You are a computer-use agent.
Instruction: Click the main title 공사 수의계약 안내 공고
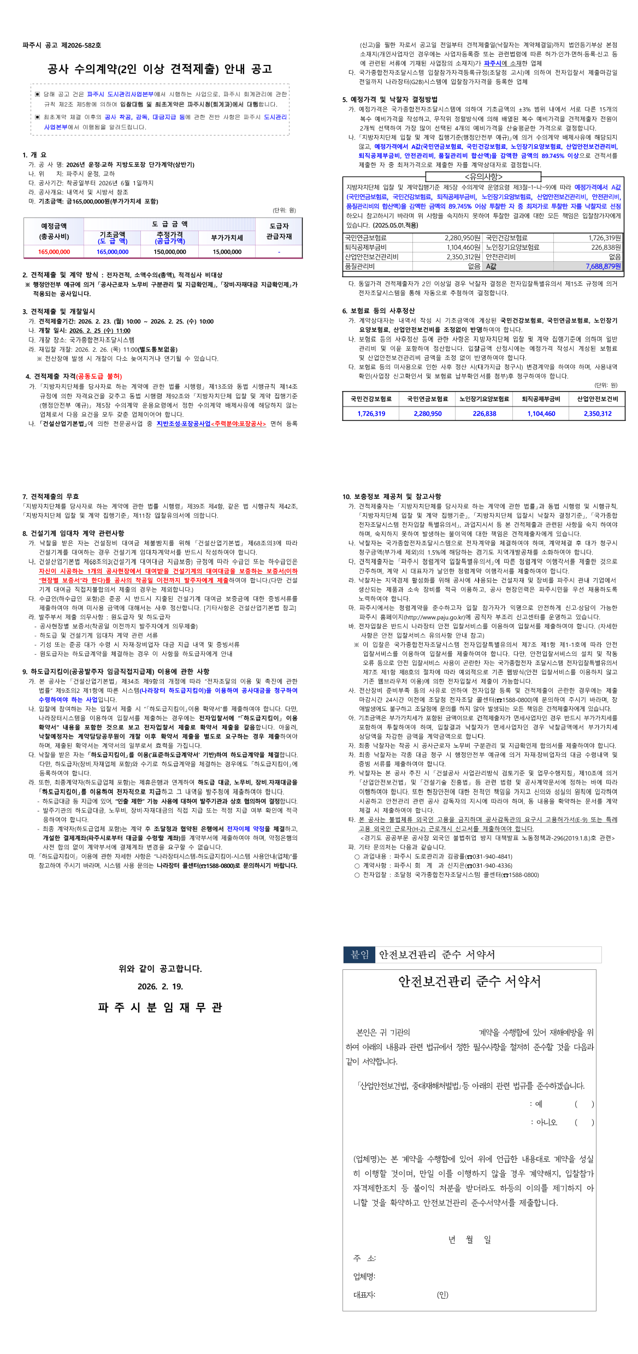click(159, 69)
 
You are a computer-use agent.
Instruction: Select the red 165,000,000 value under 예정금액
click(54, 252)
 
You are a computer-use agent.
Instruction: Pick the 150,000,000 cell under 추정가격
click(170, 252)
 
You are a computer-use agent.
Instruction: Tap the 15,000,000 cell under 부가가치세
click(227, 252)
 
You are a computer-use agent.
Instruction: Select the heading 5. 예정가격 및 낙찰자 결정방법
click(389, 99)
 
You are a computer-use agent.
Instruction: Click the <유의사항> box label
click(483, 176)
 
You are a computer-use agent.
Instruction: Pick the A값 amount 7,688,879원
click(603, 266)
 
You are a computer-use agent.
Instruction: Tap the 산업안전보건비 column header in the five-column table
click(597, 399)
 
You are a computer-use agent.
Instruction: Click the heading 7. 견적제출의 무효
click(51, 496)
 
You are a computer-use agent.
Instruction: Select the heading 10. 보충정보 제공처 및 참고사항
click(392, 496)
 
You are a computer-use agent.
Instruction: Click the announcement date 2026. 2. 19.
click(160, 986)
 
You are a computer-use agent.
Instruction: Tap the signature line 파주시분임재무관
click(160, 1008)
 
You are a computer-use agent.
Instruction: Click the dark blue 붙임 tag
click(359, 955)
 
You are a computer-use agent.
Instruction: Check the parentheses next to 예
click(584, 1104)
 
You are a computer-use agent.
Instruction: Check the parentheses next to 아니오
click(584, 1122)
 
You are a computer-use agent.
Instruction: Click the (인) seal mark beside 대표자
click(442, 1294)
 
